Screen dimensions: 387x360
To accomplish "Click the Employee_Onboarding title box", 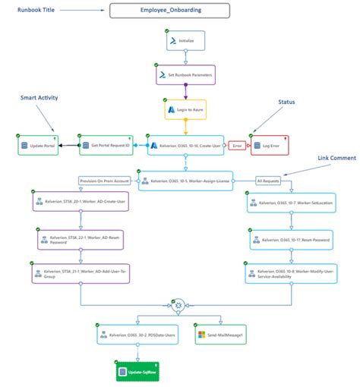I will point(181,11).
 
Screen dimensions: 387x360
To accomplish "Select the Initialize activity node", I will point(185,40).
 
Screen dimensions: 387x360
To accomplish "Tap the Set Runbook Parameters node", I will point(185,75).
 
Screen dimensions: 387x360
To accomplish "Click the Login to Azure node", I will point(185,109).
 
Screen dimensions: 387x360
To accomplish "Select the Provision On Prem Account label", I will point(104,180).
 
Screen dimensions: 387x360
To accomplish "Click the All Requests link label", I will point(268,180).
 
